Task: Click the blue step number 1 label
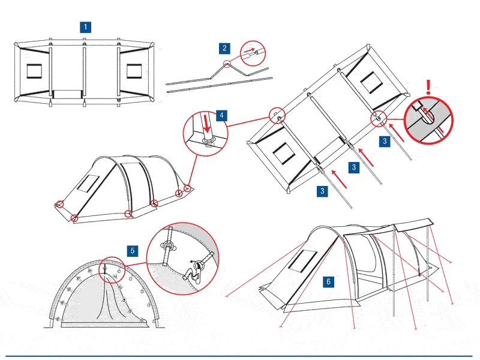pyautogui.click(x=86, y=27)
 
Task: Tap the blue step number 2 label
pyautogui.click(x=224, y=48)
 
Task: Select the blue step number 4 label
pyautogui.click(x=221, y=115)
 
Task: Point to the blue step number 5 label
pyautogui.click(x=132, y=250)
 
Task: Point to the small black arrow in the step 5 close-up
pyautogui.click(x=194, y=262)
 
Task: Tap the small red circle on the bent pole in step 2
pyautogui.click(x=227, y=64)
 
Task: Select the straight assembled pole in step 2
pyautogui.click(x=220, y=85)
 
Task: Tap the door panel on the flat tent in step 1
pyautogui.click(x=67, y=95)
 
